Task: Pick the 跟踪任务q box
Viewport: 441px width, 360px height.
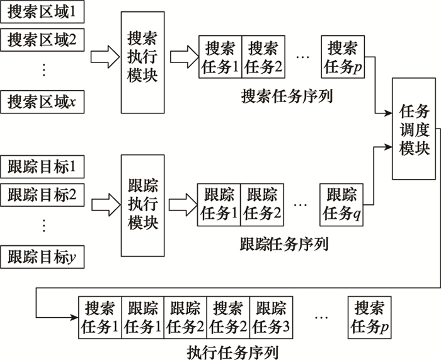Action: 342,204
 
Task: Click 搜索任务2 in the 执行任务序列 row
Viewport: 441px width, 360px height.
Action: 228,318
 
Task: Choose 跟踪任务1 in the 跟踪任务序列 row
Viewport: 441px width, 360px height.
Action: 219,204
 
